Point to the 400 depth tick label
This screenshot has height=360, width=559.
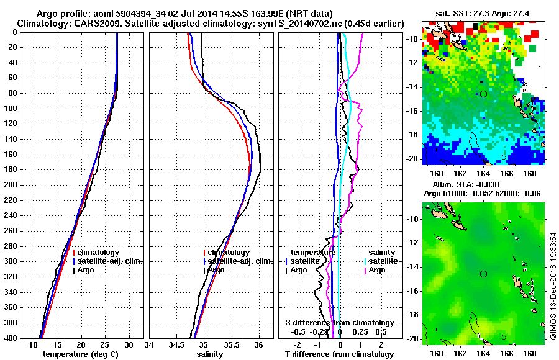point(10,338)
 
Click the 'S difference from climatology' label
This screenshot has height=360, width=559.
point(339,323)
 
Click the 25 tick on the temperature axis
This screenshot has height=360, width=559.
point(105,344)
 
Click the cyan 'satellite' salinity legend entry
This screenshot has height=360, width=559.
point(380,261)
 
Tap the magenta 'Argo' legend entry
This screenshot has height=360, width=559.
point(376,270)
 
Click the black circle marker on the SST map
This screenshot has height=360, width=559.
point(483,94)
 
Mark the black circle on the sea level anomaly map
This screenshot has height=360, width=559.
point(483,274)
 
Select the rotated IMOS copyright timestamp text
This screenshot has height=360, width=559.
point(552,286)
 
